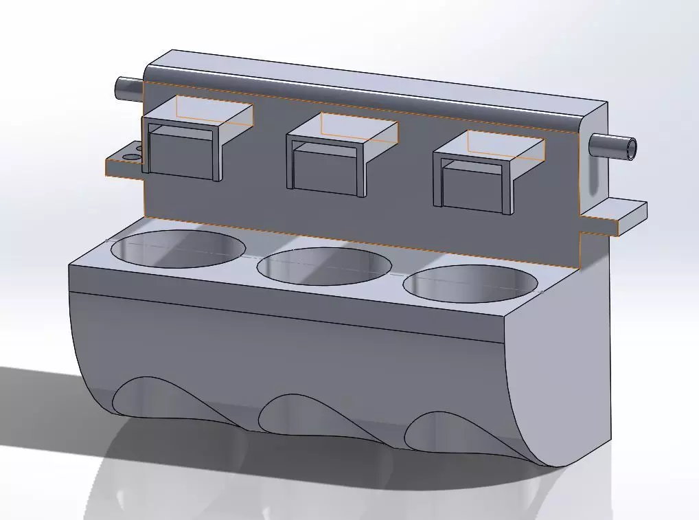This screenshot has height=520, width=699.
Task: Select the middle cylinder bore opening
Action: click(323, 267)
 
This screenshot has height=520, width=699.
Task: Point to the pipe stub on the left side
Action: click(128, 87)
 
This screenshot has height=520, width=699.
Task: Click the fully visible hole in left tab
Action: click(129, 157)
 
